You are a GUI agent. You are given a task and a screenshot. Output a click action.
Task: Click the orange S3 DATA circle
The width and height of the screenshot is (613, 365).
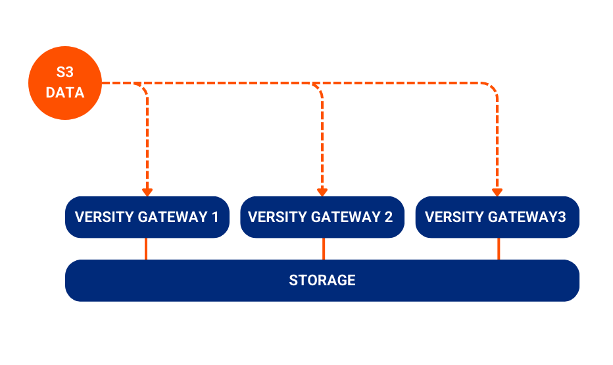[65, 83]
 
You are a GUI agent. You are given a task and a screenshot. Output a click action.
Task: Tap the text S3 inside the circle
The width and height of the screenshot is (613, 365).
[65, 72]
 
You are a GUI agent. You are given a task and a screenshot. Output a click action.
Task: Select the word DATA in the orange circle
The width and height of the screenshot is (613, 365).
[65, 93]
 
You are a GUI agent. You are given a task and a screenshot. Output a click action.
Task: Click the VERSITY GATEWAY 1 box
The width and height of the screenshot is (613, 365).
[147, 217]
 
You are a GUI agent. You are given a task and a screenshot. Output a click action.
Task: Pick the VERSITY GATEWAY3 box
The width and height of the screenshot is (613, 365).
[497, 217]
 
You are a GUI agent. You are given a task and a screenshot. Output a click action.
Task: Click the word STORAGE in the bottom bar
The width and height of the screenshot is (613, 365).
[322, 280]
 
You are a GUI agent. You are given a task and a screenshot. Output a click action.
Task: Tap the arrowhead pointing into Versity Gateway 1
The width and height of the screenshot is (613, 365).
[147, 192]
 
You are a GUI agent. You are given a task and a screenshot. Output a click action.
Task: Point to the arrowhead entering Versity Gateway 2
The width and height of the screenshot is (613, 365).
[322, 192]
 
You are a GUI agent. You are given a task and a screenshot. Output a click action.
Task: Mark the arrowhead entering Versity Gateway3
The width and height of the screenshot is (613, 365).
[497, 192]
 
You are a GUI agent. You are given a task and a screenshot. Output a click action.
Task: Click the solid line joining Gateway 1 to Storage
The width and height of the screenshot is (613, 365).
[146, 248]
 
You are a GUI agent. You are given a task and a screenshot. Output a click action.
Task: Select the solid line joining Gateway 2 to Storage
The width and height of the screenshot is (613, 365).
[323, 248]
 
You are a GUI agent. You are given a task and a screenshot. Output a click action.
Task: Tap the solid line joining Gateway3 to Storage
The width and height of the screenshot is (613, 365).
[498, 248]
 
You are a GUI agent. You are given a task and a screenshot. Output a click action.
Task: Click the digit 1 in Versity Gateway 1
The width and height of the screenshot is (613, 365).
[215, 217]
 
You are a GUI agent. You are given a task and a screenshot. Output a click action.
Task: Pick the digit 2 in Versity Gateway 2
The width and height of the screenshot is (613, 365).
[389, 217]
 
